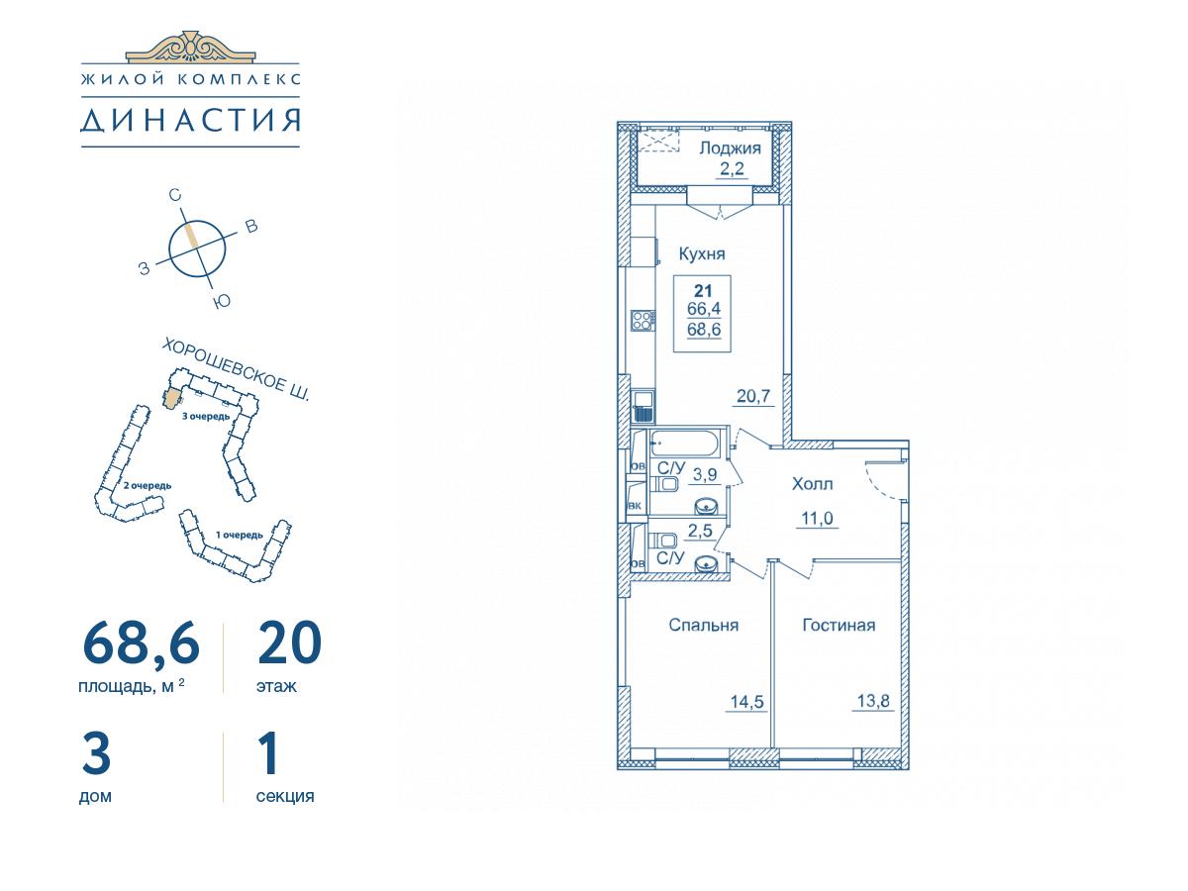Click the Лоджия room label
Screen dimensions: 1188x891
(x=730, y=148)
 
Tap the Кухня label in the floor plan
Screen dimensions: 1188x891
(x=702, y=253)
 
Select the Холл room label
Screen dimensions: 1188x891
(x=812, y=484)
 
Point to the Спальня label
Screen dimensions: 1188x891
(x=704, y=625)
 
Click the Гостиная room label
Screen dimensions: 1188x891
(x=839, y=625)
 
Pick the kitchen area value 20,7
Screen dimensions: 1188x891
(x=753, y=397)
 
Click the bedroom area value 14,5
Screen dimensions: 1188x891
(x=746, y=702)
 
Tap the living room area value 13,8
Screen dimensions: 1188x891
(x=873, y=701)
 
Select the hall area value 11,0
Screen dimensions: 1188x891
(x=817, y=518)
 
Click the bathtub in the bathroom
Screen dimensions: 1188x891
(x=685, y=445)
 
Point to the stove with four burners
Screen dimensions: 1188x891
(x=643, y=320)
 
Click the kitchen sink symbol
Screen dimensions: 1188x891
(x=643, y=407)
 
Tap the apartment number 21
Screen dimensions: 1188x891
(x=703, y=291)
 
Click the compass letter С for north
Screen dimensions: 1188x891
(x=175, y=195)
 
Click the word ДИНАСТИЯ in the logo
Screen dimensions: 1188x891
(x=190, y=120)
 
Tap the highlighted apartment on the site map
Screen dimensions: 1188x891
(x=172, y=399)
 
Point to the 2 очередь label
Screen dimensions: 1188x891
(x=147, y=485)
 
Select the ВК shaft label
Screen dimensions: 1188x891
(x=635, y=506)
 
